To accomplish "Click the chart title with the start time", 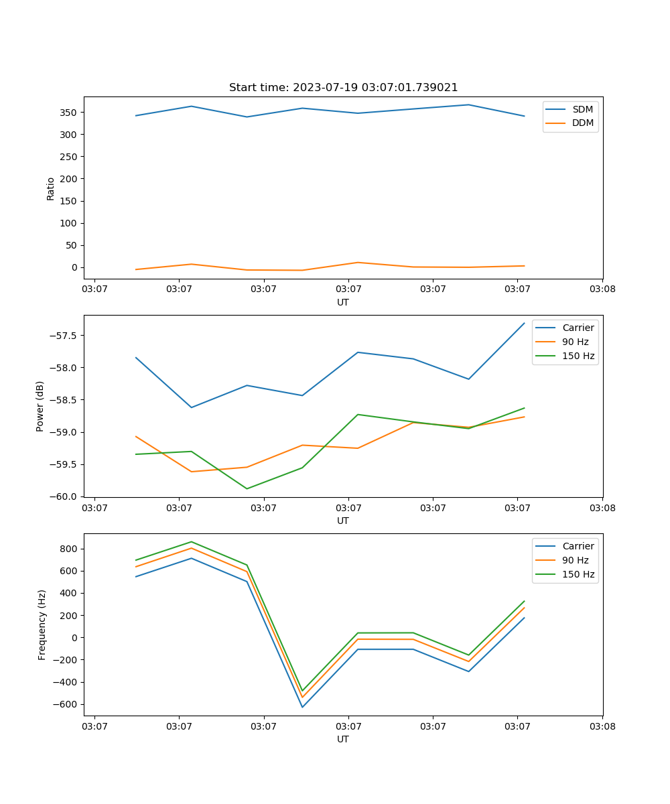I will [x=343, y=88].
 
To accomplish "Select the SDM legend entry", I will [x=582, y=109].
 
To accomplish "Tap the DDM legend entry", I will [x=582, y=123].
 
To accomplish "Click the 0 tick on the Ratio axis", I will [x=75, y=267].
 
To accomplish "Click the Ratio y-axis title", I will [x=51, y=188].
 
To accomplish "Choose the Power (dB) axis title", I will [x=40, y=406].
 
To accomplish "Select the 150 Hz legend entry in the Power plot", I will [x=578, y=356].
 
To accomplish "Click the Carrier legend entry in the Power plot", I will [x=578, y=328].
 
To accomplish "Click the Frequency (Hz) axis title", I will [x=42, y=624].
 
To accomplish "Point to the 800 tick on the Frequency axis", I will [x=70, y=549].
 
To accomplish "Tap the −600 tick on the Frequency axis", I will [x=68, y=704].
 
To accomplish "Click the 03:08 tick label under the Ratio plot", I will [x=602, y=289].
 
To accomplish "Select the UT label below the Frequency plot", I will [x=343, y=739].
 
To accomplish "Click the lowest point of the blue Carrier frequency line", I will [x=302, y=707].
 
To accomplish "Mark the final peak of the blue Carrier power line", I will [x=524, y=323].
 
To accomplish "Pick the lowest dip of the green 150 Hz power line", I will [x=247, y=488].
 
